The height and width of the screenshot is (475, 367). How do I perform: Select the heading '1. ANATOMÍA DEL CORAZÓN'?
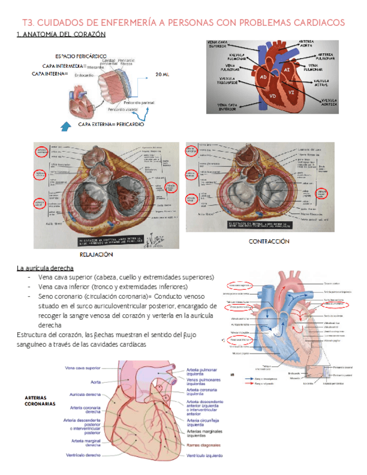pos(61,35)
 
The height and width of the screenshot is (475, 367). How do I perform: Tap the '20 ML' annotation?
pos(162,74)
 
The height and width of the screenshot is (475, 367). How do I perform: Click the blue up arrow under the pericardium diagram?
pos(65,128)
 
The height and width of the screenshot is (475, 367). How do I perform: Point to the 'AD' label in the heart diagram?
pos(264,77)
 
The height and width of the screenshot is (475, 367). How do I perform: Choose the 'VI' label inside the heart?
pos(291,91)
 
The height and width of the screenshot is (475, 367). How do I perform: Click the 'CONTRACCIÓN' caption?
pos(269,241)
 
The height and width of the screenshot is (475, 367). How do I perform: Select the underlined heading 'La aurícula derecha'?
pos(45,268)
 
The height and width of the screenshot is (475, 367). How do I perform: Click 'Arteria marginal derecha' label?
pos(86,443)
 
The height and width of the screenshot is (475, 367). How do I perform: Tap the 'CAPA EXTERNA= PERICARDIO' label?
pos(112,124)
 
